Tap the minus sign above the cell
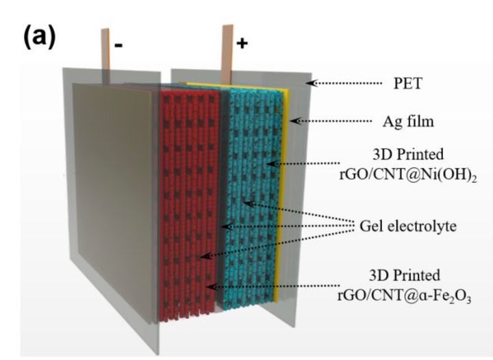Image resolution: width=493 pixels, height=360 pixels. pos(118,46)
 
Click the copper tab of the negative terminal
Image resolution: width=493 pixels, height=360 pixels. pos(106,48)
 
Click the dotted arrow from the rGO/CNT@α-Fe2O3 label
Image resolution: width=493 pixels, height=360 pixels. pos(274,286)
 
